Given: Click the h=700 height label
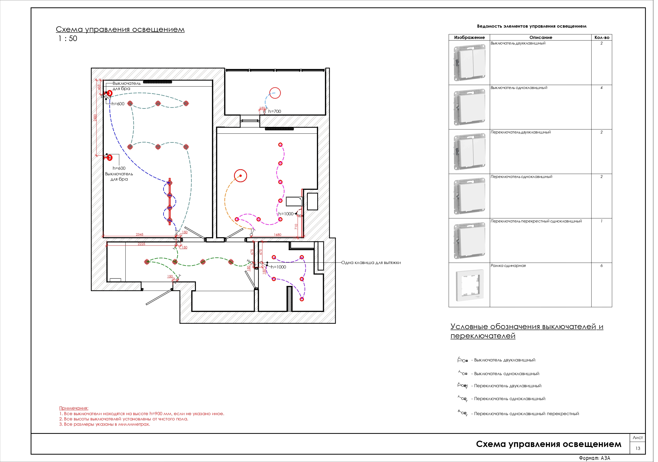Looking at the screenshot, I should point(275,112).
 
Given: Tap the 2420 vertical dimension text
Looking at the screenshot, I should point(95,117).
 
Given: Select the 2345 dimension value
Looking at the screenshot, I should point(140,235).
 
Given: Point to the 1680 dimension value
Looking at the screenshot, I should point(278,235).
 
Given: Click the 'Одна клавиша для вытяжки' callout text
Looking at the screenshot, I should point(371,263).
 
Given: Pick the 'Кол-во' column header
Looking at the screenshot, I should point(602,38).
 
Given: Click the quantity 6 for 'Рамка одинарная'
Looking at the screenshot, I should point(602,266).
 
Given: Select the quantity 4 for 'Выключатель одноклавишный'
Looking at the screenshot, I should point(602,88).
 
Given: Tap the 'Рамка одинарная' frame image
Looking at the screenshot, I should point(469,285).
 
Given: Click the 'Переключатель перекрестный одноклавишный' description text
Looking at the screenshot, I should point(536,221).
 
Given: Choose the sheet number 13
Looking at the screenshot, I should point(638,449).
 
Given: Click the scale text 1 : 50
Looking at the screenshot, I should point(68,39).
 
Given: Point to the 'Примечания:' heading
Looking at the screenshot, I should point(74,408).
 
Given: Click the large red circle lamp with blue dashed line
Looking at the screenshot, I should point(275,93).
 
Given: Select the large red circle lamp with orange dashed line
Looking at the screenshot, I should point(240,176).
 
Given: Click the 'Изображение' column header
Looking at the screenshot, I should point(469,38).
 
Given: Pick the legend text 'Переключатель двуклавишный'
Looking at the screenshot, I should point(508,386).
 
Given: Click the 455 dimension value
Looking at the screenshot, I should point(99,87).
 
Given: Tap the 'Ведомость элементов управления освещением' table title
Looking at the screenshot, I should point(532,26).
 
